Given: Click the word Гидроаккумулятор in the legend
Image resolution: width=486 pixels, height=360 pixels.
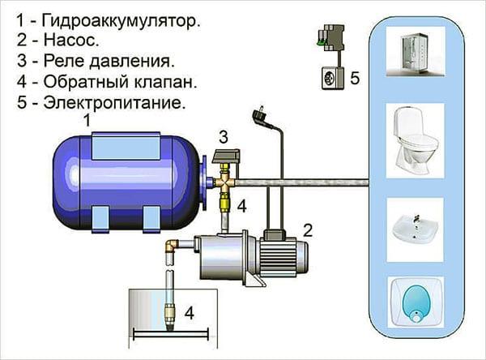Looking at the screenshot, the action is click(x=121, y=21).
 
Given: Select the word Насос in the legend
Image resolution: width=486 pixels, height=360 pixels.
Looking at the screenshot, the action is click(x=71, y=41).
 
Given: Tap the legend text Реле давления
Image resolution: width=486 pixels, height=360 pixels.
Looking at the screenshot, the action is click(x=109, y=61).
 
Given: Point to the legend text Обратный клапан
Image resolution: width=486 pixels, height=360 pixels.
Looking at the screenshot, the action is click(x=120, y=82).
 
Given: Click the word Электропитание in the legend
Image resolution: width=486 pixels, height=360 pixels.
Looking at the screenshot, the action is click(x=115, y=102).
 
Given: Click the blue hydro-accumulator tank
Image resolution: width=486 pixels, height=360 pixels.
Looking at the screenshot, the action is click(x=127, y=182).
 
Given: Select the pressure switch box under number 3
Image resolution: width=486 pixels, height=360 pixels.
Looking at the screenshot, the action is click(x=226, y=156).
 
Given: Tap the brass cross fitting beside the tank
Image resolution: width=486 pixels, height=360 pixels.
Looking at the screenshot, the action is click(x=225, y=184).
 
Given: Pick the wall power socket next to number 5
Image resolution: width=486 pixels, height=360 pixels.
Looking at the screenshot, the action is click(x=332, y=78).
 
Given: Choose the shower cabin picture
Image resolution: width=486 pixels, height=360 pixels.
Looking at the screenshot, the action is click(x=416, y=51).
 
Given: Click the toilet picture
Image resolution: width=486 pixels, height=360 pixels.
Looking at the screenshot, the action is click(x=416, y=141).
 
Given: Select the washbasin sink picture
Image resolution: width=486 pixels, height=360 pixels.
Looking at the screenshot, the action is click(x=416, y=230).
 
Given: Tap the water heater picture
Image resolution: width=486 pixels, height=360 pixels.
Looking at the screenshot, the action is click(x=416, y=302).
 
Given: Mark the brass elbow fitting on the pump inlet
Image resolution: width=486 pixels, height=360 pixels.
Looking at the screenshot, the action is click(x=172, y=246).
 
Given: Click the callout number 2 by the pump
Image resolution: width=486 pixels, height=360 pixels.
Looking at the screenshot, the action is click(x=308, y=230).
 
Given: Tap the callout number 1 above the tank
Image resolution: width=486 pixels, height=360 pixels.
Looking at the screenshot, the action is click(x=87, y=121).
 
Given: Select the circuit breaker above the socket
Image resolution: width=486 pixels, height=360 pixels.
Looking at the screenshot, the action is click(x=330, y=38).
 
